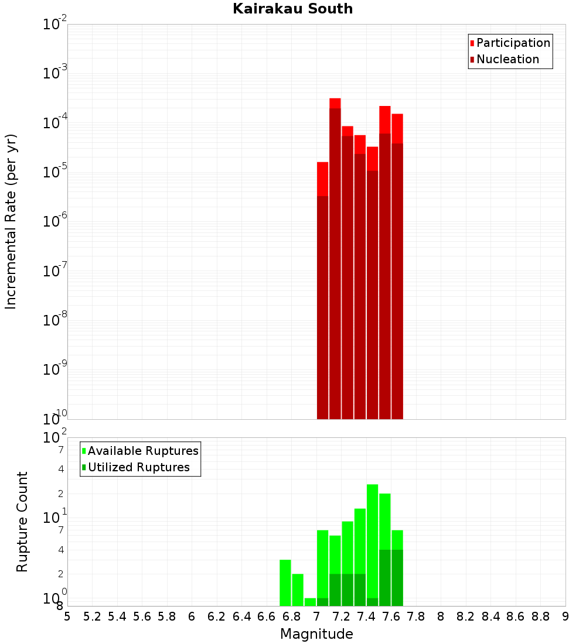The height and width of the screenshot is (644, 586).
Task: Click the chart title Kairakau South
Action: tap(292, 9)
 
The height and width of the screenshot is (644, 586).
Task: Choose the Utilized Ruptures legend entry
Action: tap(138, 467)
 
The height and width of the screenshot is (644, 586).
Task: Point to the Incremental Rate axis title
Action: tap(11, 222)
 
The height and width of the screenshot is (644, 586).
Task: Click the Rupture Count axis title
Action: tap(22, 522)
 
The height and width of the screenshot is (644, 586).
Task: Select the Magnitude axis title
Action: tap(316, 634)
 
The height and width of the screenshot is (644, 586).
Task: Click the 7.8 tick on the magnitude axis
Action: tap(416, 616)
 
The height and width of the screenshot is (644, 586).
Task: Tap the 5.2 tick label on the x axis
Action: tap(92, 616)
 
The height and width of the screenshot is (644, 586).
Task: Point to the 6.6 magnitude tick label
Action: tap(267, 616)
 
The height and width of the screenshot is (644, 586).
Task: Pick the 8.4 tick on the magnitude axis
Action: tap(491, 616)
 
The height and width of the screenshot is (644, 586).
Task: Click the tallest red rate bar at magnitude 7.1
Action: tap(335, 258)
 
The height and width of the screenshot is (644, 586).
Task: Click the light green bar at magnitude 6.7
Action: tap(285, 583)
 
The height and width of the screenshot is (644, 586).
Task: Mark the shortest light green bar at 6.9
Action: tap(310, 602)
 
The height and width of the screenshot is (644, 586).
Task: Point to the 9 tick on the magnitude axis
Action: tap(565, 616)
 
